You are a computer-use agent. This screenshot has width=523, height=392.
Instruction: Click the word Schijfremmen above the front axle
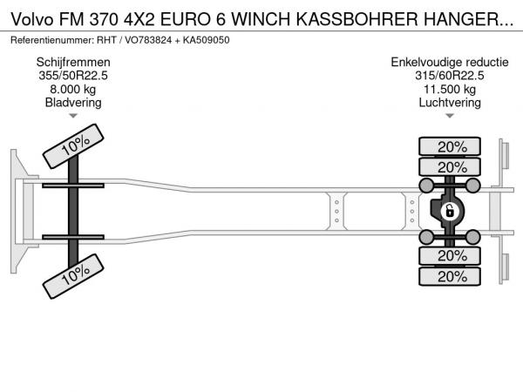tap(73, 63)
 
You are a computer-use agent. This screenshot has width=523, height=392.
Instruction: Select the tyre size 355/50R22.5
tap(73, 76)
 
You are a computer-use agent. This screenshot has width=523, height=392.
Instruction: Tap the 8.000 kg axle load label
tap(73, 90)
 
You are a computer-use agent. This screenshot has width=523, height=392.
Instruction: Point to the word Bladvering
tap(73, 103)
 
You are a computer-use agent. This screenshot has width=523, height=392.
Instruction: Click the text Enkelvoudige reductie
tap(450, 63)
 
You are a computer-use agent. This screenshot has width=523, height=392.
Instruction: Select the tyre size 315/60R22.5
tap(450, 76)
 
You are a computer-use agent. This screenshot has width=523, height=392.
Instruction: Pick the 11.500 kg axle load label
tap(450, 90)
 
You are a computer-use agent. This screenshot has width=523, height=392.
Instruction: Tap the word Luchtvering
tap(450, 103)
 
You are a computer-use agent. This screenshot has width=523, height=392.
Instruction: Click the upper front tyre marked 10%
tap(73, 146)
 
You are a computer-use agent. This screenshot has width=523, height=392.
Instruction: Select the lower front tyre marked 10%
tap(73, 276)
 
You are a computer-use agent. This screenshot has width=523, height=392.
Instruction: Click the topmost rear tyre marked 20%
tap(450, 146)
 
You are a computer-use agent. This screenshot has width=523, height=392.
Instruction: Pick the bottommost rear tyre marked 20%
tap(450, 276)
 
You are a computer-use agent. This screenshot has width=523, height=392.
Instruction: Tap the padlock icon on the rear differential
tap(450, 212)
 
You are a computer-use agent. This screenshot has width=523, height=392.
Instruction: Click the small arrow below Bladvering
tap(73, 116)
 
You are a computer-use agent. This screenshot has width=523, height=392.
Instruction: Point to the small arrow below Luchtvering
tap(450, 116)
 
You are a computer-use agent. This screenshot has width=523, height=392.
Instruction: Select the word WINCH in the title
tap(261, 19)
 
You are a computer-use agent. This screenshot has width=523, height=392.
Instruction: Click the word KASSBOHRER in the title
tap(357, 19)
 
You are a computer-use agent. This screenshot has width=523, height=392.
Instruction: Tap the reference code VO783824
tap(148, 40)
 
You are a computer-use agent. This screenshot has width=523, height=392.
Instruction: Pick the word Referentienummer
tap(51, 40)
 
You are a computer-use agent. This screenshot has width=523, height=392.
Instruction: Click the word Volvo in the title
tap(32, 19)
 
